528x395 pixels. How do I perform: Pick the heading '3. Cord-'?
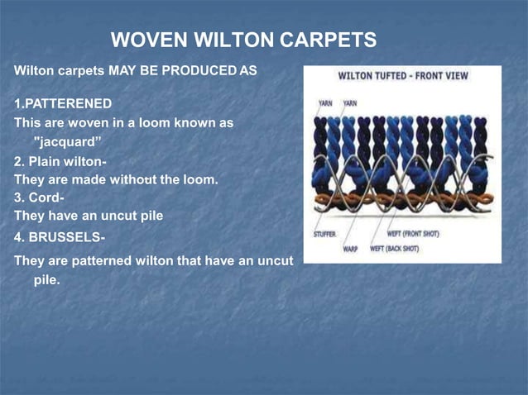point(40,198)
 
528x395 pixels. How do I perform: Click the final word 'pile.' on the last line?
point(47,280)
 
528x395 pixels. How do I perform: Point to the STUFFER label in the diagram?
point(324,234)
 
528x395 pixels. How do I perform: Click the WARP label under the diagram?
point(351,247)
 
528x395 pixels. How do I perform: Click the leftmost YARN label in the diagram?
point(326,104)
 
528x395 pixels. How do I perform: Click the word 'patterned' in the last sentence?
point(103,261)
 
